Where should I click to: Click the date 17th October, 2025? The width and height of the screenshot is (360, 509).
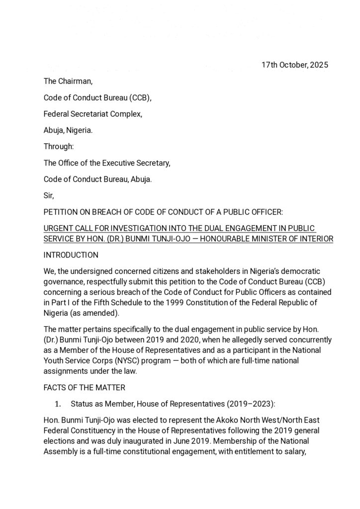click(x=295, y=65)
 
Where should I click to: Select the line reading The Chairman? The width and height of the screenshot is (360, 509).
click(x=68, y=82)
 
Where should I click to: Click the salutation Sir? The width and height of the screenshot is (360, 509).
click(x=49, y=195)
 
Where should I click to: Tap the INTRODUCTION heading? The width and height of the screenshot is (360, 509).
click(x=71, y=255)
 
